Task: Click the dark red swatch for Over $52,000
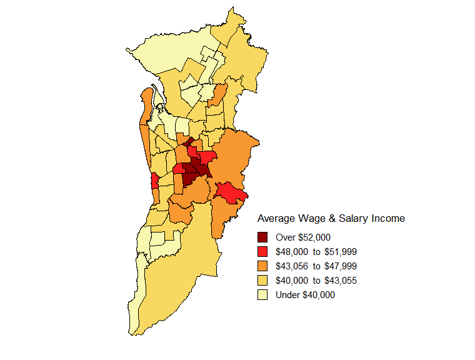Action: tap(262, 237)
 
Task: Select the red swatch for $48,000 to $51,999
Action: tap(262, 251)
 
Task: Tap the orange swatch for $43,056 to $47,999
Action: tap(262, 266)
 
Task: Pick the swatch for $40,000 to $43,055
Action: tap(262, 280)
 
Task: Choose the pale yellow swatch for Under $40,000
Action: tap(262, 294)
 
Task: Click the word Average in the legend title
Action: tap(276, 219)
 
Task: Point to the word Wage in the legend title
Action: tap(311, 219)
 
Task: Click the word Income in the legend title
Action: tap(388, 219)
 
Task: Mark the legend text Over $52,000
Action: tap(302, 237)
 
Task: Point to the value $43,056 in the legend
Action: tap(292, 266)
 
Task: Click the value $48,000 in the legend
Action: tap(292, 252)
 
